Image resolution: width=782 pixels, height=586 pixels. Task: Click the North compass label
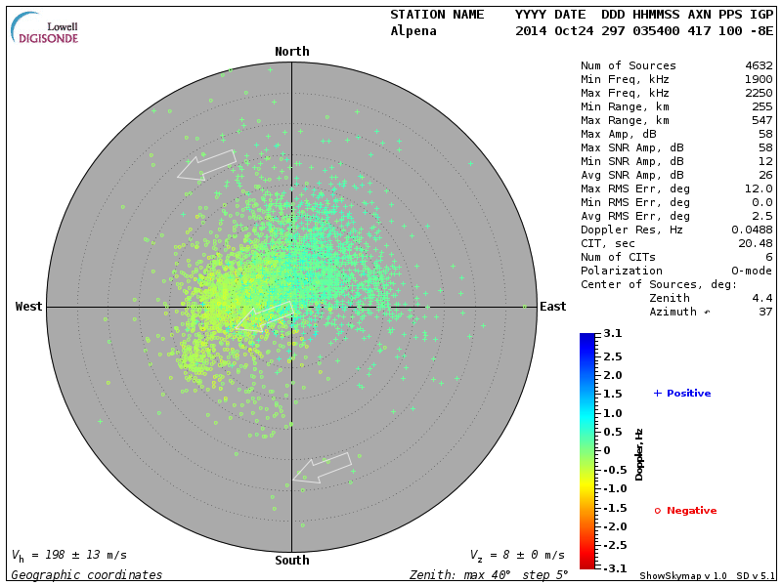[291, 52]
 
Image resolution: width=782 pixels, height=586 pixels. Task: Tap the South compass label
[291, 561]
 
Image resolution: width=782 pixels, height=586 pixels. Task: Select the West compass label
[29, 307]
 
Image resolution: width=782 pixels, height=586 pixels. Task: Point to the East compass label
[553, 307]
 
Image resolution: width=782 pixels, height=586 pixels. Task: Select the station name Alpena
[413, 30]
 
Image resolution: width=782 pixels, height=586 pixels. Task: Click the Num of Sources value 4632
[759, 66]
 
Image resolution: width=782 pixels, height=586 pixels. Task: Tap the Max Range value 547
[761, 121]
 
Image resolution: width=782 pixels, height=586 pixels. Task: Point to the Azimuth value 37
[765, 312]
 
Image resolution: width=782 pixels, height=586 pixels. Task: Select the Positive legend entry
[682, 394]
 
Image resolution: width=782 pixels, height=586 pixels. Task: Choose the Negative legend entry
[685, 511]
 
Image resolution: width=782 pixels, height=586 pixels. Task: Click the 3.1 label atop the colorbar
[613, 334]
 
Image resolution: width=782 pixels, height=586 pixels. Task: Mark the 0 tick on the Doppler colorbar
[606, 450]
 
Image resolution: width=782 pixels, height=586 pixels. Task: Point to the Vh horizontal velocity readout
[69, 555]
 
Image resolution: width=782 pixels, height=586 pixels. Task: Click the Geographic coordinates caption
[87, 575]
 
